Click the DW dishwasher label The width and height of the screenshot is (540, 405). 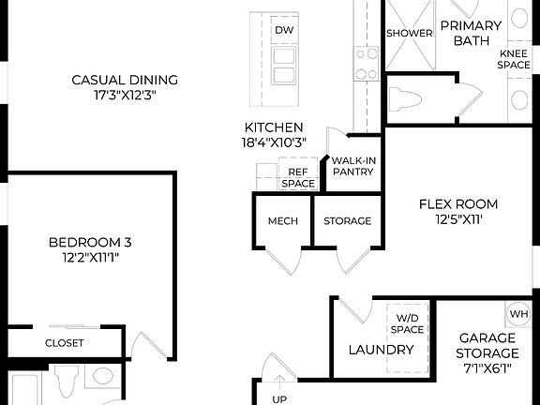283,31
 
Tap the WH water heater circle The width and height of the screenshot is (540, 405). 518,313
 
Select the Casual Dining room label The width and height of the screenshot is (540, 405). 125,80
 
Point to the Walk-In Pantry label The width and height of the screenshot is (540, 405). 353,166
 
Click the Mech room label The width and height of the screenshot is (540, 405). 282,221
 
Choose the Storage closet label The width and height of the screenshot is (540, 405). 348,221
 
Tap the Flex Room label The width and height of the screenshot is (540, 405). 458,203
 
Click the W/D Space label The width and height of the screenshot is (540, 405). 409,323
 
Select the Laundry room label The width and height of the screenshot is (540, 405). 381,350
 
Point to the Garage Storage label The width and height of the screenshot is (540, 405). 488,346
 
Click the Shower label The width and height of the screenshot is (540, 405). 410,33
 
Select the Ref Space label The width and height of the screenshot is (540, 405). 299,177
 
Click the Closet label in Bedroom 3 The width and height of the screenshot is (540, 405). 65,343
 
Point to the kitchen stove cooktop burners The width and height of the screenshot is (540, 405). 364,62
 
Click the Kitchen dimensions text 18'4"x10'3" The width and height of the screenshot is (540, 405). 273,143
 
